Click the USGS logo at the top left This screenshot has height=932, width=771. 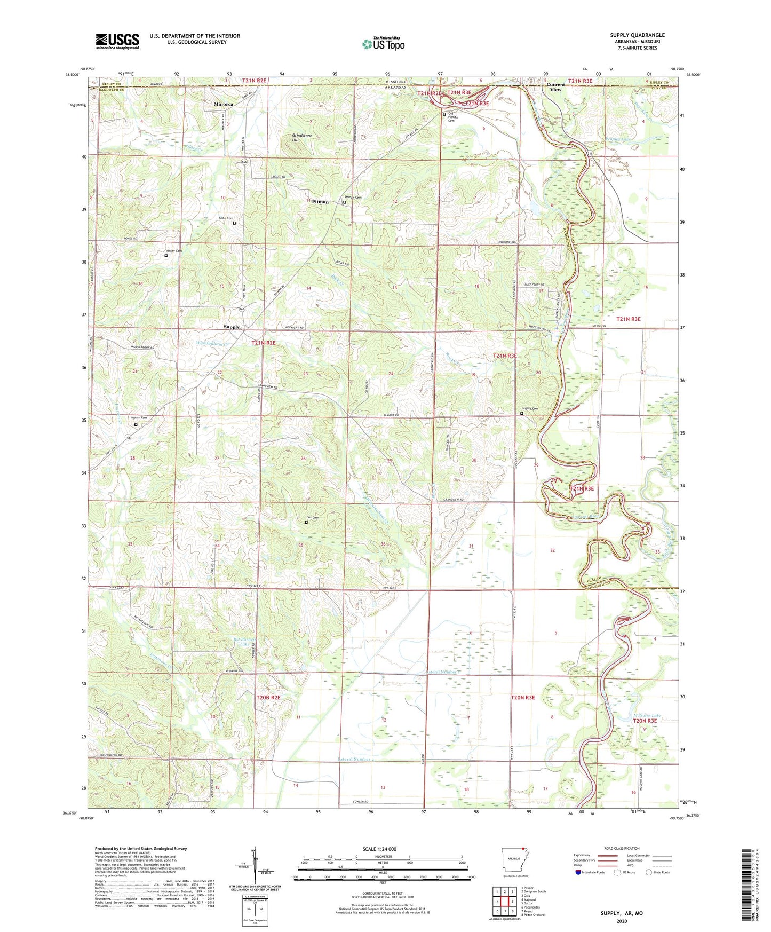click(117, 41)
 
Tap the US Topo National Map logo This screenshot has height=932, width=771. click(383, 43)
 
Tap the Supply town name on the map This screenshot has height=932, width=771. click(232, 327)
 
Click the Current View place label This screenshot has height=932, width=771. click(555, 87)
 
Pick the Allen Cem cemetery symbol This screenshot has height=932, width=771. click(234, 224)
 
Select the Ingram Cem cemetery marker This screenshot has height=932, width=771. click(136, 425)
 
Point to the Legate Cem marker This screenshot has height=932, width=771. click(522, 413)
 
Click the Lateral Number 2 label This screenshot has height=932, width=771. click(356, 759)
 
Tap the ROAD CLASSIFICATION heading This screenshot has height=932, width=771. click(622, 848)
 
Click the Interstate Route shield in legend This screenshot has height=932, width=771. click(579, 872)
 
